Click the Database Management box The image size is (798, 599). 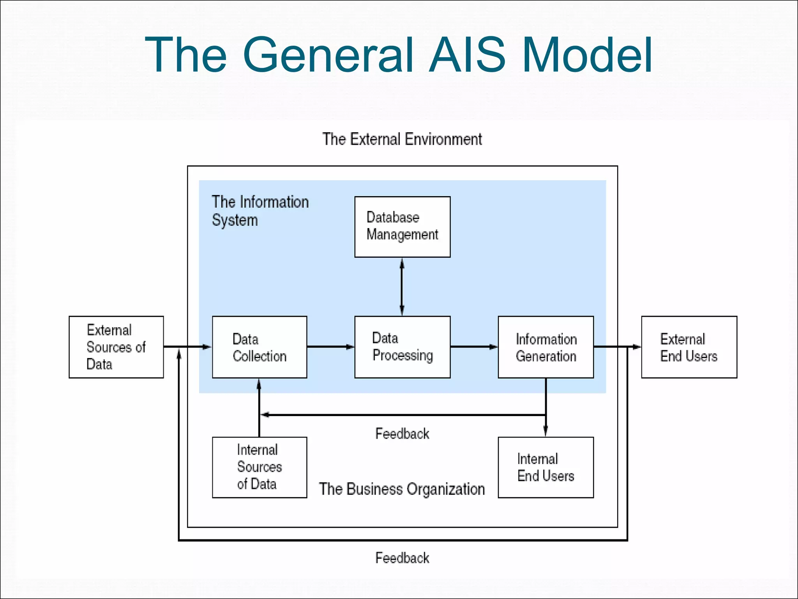tap(402, 227)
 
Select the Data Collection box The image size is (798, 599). tap(260, 347)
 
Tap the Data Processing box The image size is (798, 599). tap(402, 347)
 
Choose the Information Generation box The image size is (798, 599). tap(546, 347)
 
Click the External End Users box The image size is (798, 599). tap(689, 347)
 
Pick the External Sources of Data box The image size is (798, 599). tap(116, 347)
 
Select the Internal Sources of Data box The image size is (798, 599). tap(260, 467)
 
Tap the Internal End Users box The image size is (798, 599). tap(546, 467)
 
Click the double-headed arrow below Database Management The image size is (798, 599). tap(402, 287)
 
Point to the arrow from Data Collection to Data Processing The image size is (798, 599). tap(330, 347)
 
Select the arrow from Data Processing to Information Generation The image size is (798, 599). tap(474, 347)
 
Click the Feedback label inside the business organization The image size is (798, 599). tap(402, 434)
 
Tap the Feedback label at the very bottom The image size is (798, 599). tap(402, 558)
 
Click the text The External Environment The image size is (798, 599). tap(402, 139)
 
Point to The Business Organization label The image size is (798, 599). tap(402, 489)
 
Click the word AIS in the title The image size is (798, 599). tap(467, 55)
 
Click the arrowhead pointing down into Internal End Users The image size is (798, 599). tap(546, 431)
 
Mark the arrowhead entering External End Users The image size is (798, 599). tap(637, 347)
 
